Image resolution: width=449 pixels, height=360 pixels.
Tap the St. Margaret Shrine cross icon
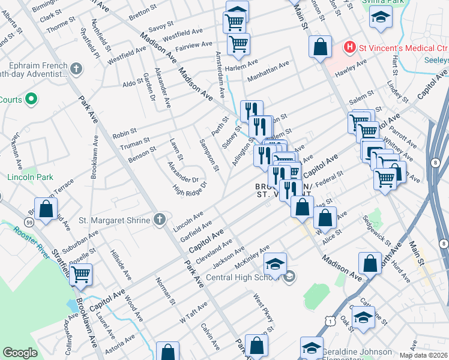click(160, 220)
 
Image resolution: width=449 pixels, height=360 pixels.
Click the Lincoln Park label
click(30, 178)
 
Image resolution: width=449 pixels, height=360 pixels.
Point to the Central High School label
click(243, 277)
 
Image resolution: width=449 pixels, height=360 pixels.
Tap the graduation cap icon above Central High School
click(275, 265)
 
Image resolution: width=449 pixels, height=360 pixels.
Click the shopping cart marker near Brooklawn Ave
click(80, 275)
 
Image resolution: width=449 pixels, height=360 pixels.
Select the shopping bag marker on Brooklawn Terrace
click(46, 209)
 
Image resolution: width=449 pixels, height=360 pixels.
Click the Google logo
click(20, 353)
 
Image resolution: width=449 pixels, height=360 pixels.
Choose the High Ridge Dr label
click(189, 189)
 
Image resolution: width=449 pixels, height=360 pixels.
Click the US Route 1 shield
click(330, 321)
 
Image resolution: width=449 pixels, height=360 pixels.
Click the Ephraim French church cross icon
click(76, 69)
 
